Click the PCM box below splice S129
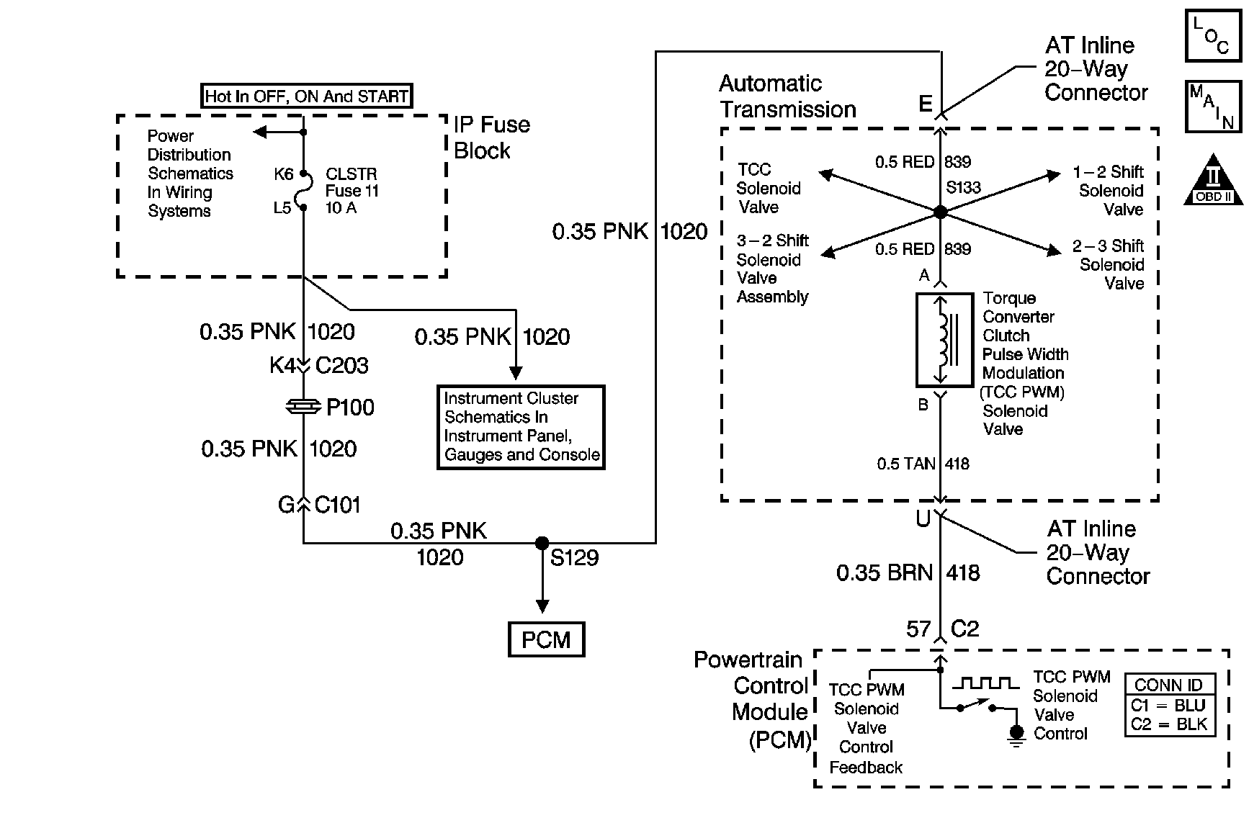(x=546, y=639)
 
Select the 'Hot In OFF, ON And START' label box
(x=307, y=96)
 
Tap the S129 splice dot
(x=542, y=543)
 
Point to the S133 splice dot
(x=940, y=212)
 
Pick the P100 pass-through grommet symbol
(x=303, y=408)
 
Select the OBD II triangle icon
(x=1213, y=180)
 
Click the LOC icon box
(x=1213, y=35)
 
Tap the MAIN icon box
(x=1213, y=107)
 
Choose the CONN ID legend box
(x=1170, y=705)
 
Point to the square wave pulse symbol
(x=986, y=683)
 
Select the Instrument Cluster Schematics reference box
(x=521, y=427)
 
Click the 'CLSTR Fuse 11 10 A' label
(x=352, y=191)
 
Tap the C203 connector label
(x=341, y=366)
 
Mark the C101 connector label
(x=337, y=505)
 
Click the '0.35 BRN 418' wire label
(x=908, y=573)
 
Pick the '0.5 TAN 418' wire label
(x=923, y=464)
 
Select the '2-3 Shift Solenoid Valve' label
(x=1109, y=264)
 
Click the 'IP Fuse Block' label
(x=491, y=138)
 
